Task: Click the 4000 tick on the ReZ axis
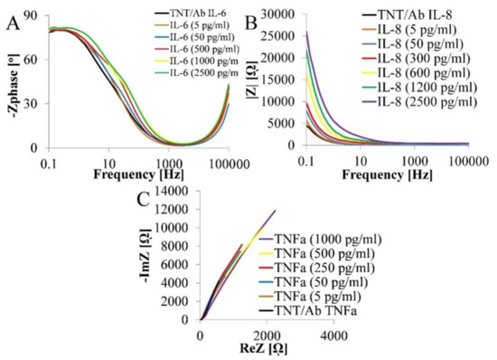tap(333, 336)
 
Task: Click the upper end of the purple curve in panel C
tap(275, 211)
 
